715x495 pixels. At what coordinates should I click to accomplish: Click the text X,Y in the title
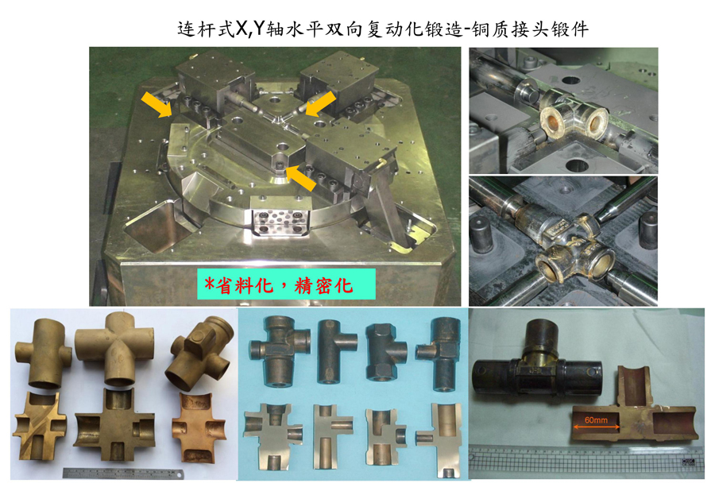click(x=250, y=29)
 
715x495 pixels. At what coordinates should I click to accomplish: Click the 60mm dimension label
click(x=596, y=420)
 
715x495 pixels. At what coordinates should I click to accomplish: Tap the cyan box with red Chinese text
click(x=286, y=284)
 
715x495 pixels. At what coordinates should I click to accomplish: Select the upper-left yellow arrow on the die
click(x=157, y=104)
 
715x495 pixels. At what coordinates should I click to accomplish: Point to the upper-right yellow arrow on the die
click(x=321, y=103)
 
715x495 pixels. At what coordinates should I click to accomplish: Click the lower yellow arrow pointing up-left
click(x=300, y=178)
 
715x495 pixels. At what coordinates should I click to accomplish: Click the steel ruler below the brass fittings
click(x=123, y=474)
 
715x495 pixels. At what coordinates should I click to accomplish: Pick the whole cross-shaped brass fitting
click(x=114, y=348)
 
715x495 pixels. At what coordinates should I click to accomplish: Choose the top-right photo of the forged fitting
click(x=563, y=110)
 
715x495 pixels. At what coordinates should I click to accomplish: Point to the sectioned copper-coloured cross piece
click(x=199, y=426)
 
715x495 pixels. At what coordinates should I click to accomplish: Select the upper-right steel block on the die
click(x=338, y=79)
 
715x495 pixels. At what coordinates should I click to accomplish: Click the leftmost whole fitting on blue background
click(x=280, y=350)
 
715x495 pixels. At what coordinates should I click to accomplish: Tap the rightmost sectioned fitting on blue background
click(x=440, y=439)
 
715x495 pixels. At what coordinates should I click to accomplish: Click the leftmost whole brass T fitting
click(x=44, y=353)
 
